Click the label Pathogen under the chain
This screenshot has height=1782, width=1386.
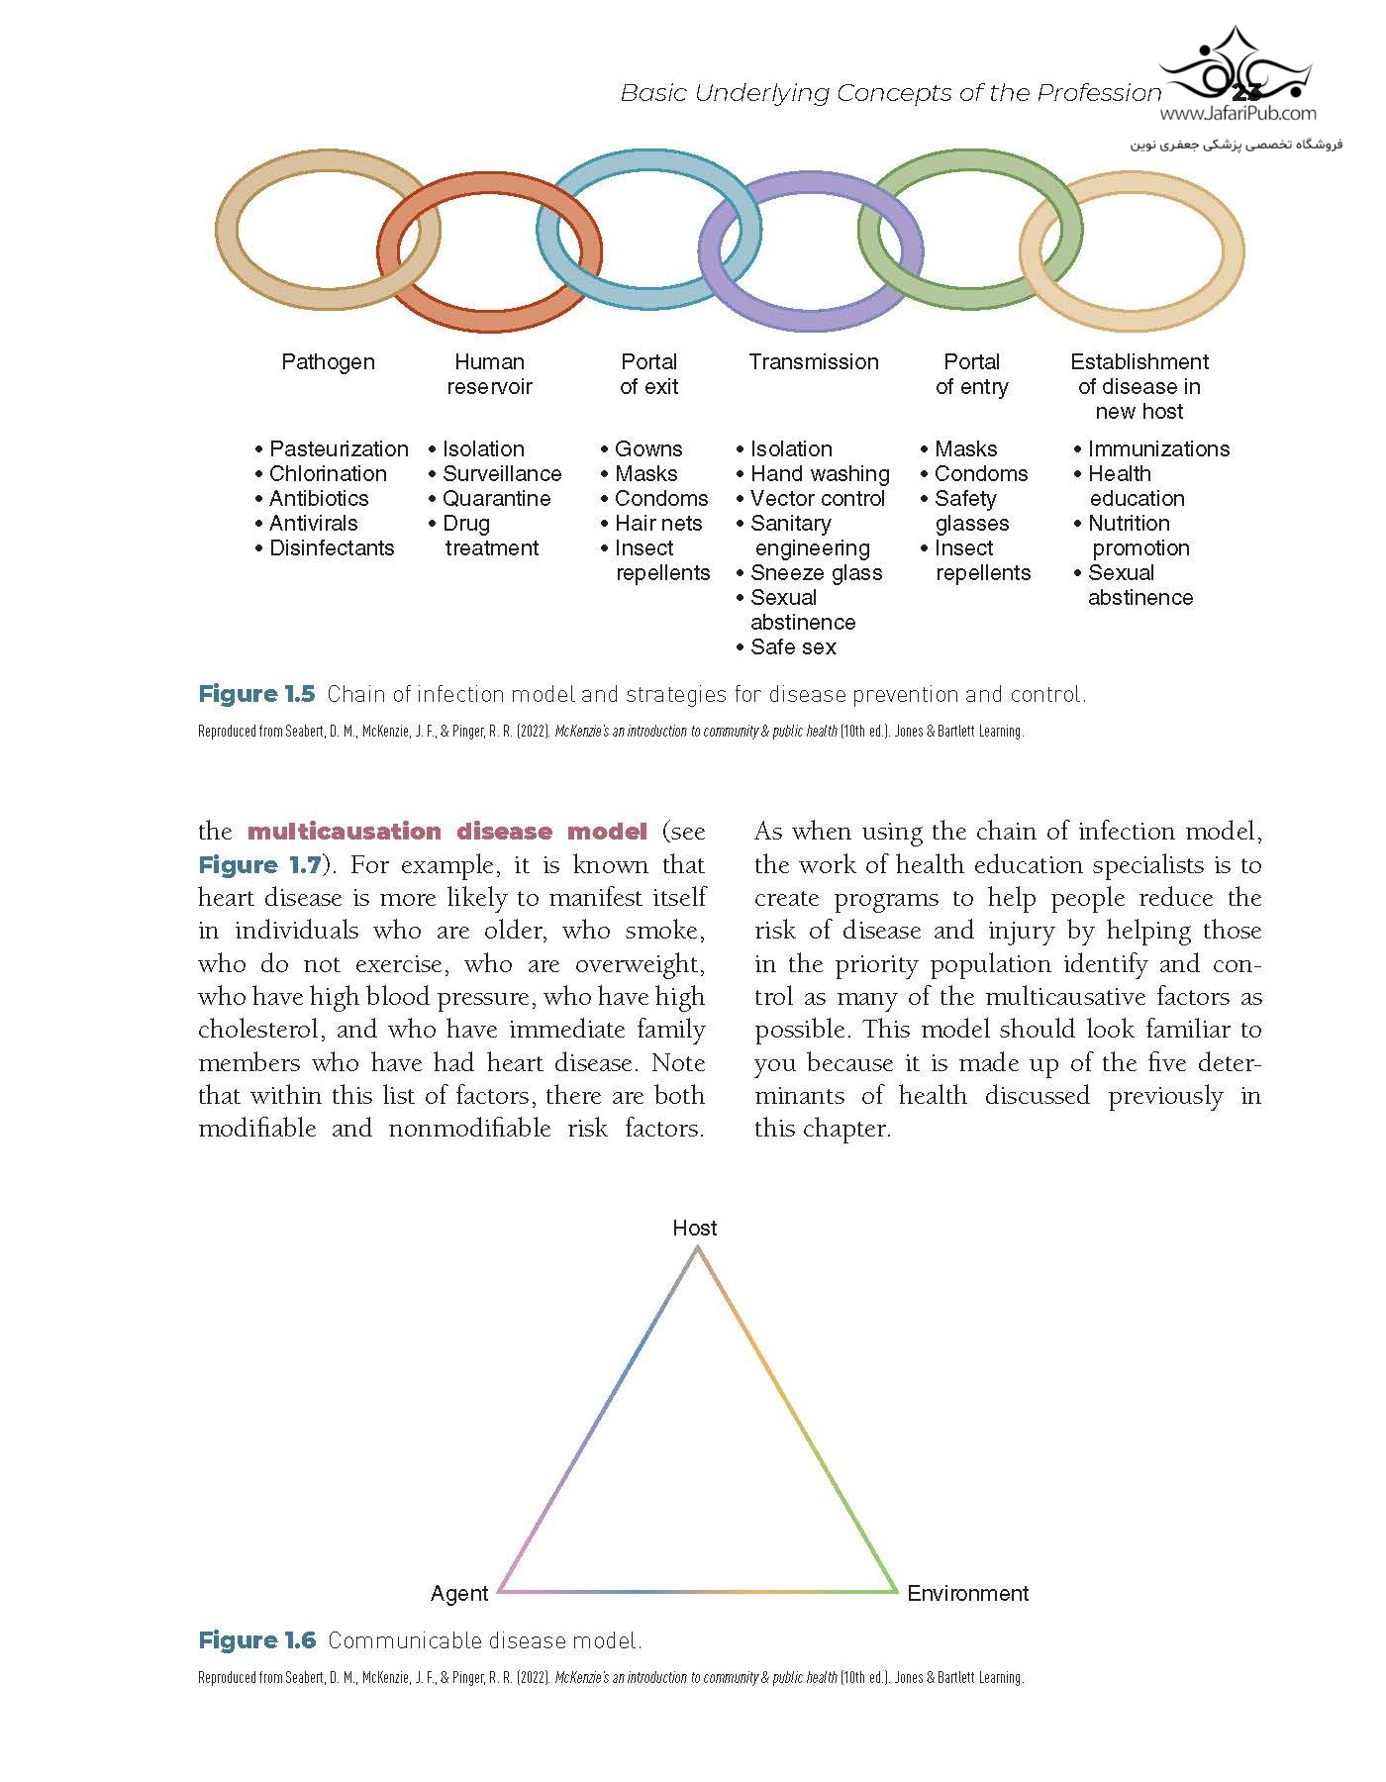point(328,362)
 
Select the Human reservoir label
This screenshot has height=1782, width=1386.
point(489,374)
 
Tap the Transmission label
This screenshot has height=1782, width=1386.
point(813,362)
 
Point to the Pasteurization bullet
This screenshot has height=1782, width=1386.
point(338,449)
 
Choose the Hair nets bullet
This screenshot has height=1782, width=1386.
point(657,524)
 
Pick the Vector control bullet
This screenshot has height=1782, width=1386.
point(817,499)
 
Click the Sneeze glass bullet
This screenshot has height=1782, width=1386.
point(816,573)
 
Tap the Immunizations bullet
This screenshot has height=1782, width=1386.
point(1158,449)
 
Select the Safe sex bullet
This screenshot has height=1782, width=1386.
point(793,647)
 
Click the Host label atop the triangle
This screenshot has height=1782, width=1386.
point(694,1229)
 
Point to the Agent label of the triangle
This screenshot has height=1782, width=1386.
point(459,1594)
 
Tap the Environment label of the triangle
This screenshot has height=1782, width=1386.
point(967,1594)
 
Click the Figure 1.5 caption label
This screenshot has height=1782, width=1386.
point(256,694)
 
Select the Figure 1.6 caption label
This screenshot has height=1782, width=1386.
point(256,1640)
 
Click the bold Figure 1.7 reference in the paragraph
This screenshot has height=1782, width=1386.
point(259,865)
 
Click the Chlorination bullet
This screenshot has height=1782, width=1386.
point(328,474)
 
